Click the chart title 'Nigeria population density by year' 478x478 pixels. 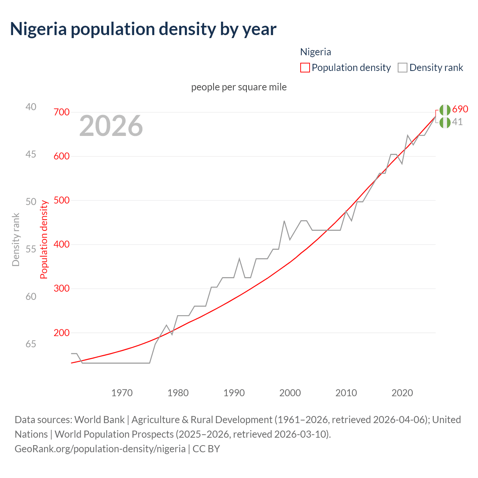pyautogui.click(x=143, y=29)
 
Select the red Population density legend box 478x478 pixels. pyautogui.click(x=305, y=68)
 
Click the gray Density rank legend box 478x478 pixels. pyautogui.click(x=402, y=68)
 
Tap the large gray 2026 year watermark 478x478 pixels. pyautogui.click(x=111, y=126)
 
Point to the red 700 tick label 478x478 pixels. pyautogui.click(x=62, y=112)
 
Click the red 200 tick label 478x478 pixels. pyautogui.click(x=62, y=333)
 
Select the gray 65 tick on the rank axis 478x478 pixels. pyautogui.click(x=31, y=344)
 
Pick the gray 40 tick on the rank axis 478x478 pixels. pyautogui.click(x=31, y=107)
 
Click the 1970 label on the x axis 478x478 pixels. pyautogui.click(x=122, y=393)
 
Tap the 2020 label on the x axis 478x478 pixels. pyautogui.click(x=402, y=393)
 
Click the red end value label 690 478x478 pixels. pyautogui.click(x=460, y=109)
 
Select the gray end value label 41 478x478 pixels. pyautogui.click(x=457, y=122)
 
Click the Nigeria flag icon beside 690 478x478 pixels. pyautogui.click(x=445, y=110)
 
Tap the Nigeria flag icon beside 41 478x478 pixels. pyautogui.click(x=445, y=122)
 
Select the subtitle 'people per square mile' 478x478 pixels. pyautogui.click(x=239, y=87)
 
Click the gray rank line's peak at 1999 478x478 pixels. pyautogui.click(x=284, y=221)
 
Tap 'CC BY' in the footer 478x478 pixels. pyautogui.click(x=206, y=448)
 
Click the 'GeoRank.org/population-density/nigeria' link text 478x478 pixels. pyautogui.click(x=100, y=448)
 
